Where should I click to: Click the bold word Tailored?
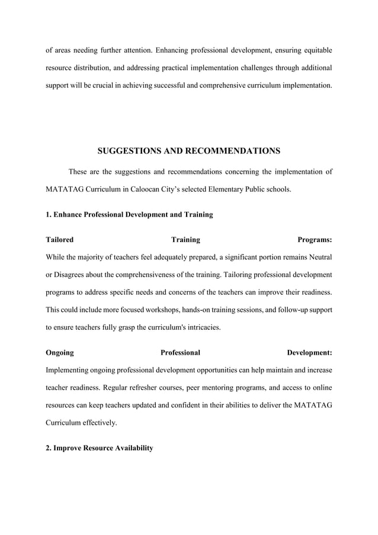coord(60,240)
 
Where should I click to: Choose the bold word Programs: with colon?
coord(314,240)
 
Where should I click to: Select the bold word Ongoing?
coord(60,353)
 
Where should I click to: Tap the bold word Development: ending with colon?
coord(309,353)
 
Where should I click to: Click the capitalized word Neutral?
coord(319,258)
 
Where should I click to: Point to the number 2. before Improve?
coord(49,448)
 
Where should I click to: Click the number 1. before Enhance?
coord(49,215)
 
